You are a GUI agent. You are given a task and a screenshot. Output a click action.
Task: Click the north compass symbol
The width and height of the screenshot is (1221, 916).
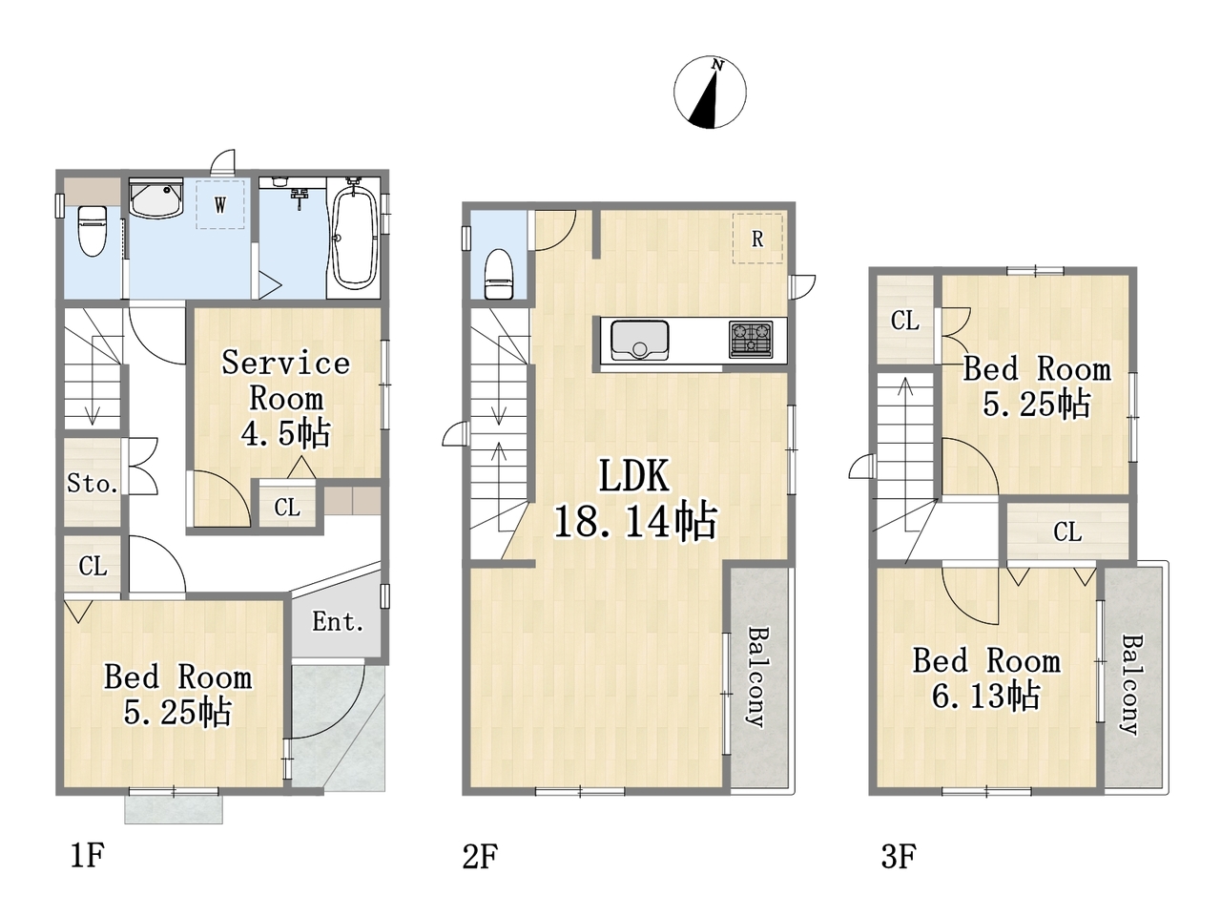point(710,92)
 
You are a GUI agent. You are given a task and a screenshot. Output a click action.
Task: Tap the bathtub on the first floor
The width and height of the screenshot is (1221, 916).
point(354,239)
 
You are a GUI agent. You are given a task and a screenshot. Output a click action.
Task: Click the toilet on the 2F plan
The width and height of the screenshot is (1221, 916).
point(498,274)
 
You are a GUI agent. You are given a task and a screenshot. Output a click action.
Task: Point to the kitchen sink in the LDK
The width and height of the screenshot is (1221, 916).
point(640,341)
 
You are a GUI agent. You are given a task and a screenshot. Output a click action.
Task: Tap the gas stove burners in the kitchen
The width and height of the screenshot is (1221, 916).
point(751,340)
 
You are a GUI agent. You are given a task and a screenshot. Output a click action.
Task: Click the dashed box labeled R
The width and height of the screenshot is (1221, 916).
point(757,238)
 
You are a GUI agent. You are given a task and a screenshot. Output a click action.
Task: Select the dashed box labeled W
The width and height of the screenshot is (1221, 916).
point(219,204)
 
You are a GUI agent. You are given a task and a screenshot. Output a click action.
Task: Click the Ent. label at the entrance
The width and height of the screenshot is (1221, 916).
point(338,622)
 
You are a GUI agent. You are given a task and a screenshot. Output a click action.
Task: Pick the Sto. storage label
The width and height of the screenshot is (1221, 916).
point(93,484)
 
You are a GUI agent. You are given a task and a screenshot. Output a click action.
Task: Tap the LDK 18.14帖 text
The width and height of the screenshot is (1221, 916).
point(634,499)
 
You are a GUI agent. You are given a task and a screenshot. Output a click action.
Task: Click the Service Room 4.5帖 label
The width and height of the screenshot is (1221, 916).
point(286,398)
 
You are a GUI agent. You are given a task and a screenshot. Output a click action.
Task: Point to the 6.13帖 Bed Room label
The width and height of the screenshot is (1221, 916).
point(986,678)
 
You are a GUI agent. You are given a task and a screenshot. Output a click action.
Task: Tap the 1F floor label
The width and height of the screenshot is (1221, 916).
point(88,855)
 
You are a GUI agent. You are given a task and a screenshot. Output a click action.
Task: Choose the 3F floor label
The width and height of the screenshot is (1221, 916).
point(899,856)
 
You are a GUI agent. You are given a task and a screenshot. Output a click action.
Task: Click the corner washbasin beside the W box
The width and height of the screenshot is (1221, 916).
point(155,198)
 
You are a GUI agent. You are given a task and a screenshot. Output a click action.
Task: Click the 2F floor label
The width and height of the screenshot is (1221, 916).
point(480,856)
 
